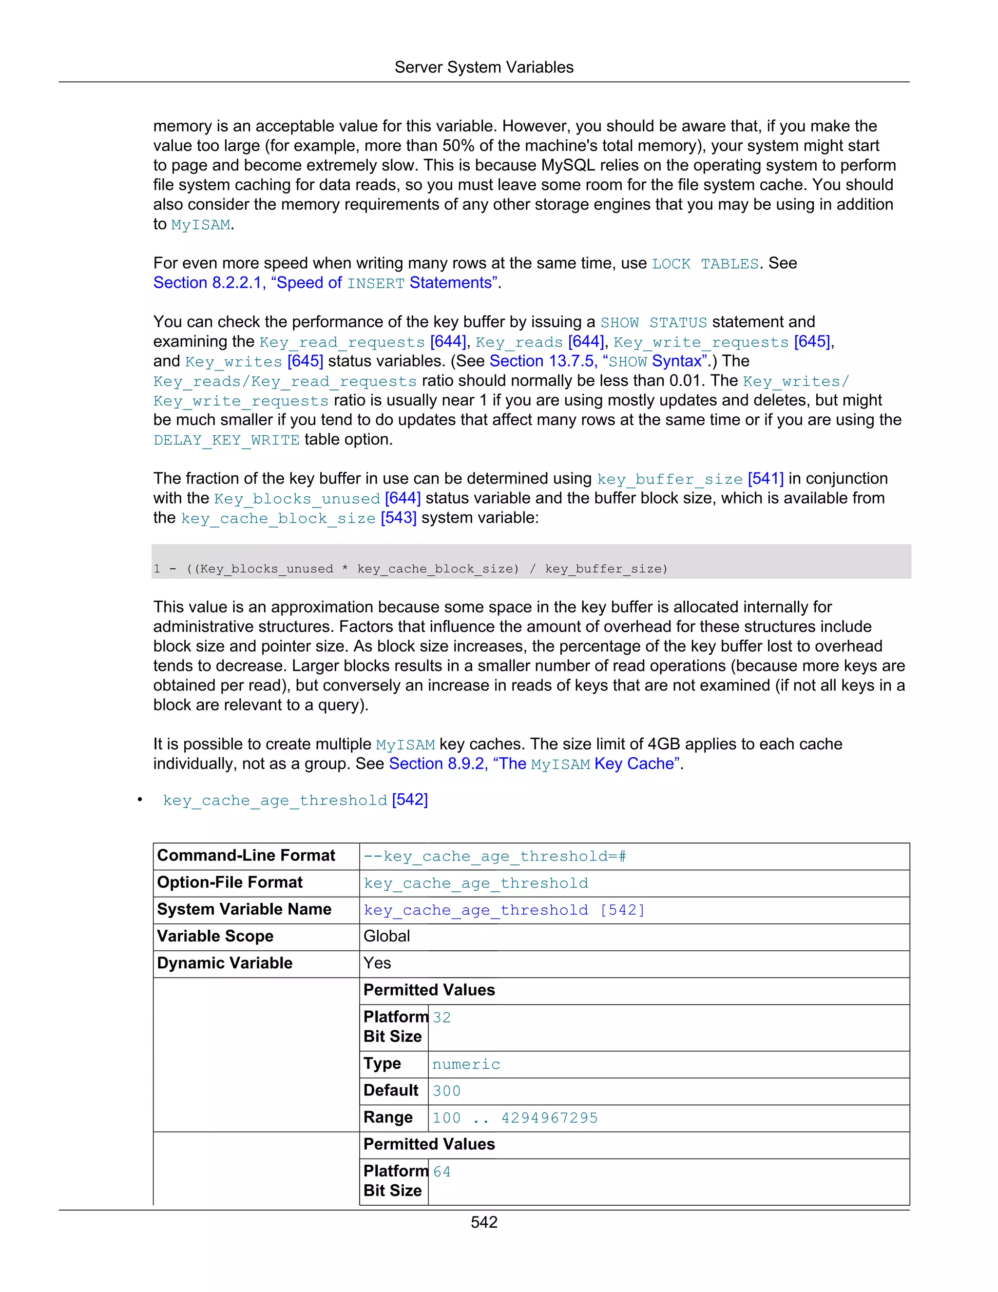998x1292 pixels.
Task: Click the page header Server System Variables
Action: (x=483, y=67)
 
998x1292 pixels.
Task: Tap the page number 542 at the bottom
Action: (x=483, y=1222)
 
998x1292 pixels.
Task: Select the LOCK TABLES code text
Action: (x=705, y=264)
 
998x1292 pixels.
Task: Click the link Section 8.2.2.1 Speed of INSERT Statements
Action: (x=325, y=283)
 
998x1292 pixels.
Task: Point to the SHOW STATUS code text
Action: (x=653, y=322)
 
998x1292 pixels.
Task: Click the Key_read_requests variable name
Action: (x=342, y=343)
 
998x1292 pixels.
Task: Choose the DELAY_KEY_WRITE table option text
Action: (x=227, y=440)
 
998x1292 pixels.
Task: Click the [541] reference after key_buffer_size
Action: (x=765, y=479)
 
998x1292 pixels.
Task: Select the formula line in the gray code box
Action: (x=410, y=569)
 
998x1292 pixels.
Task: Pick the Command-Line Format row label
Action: (x=246, y=856)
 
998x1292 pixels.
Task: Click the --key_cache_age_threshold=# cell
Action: (x=495, y=857)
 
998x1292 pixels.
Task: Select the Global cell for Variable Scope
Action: (x=386, y=937)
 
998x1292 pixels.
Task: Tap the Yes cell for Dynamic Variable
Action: (x=377, y=963)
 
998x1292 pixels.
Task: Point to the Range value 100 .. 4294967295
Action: (x=515, y=1118)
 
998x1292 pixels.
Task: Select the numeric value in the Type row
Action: (x=466, y=1064)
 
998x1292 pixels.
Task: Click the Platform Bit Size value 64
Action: (x=441, y=1172)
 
